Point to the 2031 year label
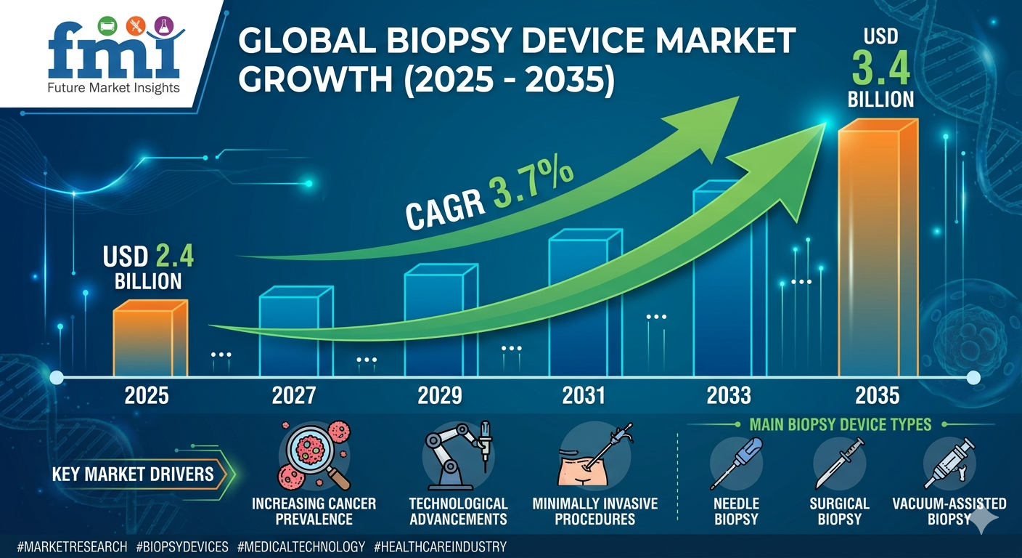click(x=584, y=395)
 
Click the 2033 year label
click(x=728, y=395)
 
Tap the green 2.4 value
click(x=173, y=257)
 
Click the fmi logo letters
click(x=113, y=54)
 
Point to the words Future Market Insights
click(x=113, y=89)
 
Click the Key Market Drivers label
click(x=133, y=475)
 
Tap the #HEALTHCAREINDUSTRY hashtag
click(x=440, y=546)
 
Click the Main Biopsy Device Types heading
click(x=840, y=424)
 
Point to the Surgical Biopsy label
click(x=839, y=511)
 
